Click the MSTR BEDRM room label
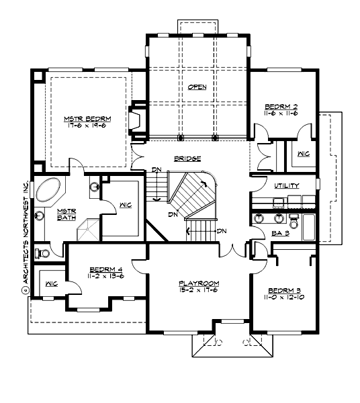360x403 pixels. point(87,118)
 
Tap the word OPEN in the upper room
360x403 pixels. point(197,87)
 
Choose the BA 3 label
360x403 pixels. point(280,233)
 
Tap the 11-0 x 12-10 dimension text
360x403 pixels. point(285,298)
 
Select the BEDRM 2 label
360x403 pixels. point(281,107)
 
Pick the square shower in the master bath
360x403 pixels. point(87,232)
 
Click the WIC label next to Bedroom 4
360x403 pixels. point(50,284)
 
